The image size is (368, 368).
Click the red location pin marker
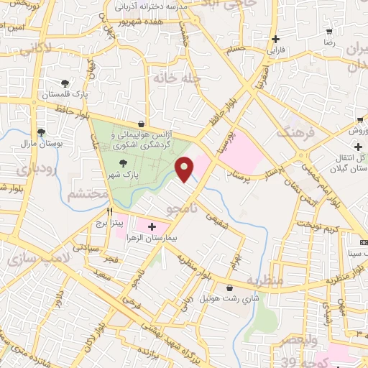click(x=185, y=170)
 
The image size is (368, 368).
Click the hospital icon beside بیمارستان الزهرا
click(x=151, y=227)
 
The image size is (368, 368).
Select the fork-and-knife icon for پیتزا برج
click(x=110, y=212)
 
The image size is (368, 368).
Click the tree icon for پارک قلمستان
click(x=65, y=84)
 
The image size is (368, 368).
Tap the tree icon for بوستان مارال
click(x=41, y=132)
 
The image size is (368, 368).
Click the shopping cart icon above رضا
click(x=329, y=32)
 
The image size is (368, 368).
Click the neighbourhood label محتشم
click(x=86, y=194)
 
